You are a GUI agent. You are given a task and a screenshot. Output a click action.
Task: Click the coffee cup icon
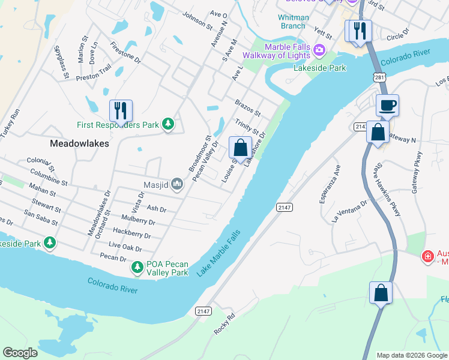click(x=387, y=105)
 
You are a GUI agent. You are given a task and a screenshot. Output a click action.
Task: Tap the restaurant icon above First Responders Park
click(x=121, y=110)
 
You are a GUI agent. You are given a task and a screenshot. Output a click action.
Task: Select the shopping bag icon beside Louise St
click(x=240, y=147)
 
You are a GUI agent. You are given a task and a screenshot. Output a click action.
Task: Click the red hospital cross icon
click(x=427, y=256)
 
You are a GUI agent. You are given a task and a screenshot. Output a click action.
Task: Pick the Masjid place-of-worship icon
click(x=176, y=184)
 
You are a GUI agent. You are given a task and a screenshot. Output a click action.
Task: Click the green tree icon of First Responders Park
click(x=169, y=124)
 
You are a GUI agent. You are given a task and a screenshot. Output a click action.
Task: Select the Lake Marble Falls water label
click(x=219, y=253)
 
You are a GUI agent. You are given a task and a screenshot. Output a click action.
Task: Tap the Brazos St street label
click(x=247, y=108)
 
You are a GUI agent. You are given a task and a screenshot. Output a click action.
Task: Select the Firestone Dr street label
click(x=125, y=52)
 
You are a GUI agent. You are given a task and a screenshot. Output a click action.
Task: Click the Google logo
click(x=20, y=353)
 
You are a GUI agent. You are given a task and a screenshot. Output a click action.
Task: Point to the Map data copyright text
click(x=411, y=355)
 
